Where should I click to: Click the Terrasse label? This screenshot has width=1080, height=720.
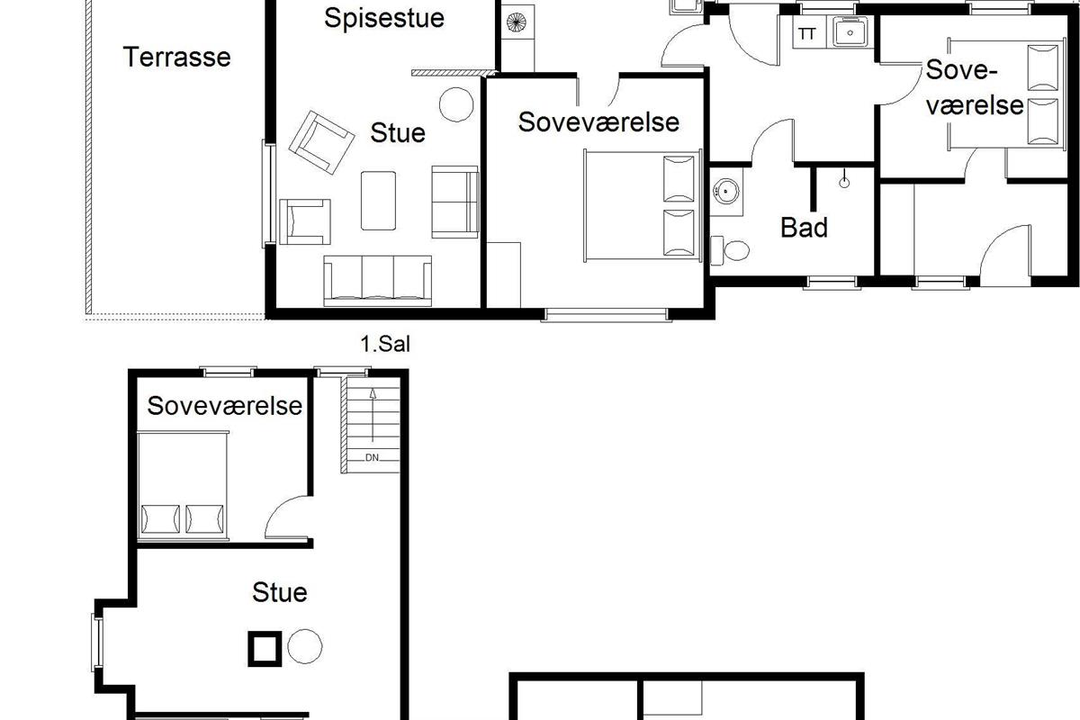(177, 57)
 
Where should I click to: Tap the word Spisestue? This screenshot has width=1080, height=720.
(384, 19)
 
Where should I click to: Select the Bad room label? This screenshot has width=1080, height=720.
(804, 228)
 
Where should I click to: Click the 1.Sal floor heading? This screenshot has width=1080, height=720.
(385, 345)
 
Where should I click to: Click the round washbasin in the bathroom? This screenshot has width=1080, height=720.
(725, 191)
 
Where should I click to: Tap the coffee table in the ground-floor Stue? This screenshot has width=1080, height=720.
(379, 201)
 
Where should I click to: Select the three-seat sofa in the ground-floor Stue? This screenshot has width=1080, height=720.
(377, 281)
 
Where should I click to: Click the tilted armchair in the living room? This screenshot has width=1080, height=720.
(321, 142)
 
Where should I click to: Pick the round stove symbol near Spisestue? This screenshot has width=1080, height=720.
(516, 22)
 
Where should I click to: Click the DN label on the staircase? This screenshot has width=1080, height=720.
(372, 458)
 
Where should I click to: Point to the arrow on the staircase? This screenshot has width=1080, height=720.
(373, 415)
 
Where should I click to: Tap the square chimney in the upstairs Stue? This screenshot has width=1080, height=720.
(265, 649)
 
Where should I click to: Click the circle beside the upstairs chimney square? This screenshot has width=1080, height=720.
(305, 646)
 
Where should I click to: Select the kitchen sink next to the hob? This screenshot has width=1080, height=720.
(850, 32)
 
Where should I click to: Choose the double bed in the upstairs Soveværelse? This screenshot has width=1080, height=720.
(183, 486)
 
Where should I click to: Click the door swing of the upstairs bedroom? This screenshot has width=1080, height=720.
(286, 517)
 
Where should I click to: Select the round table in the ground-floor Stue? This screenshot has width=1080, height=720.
(456, 104)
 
